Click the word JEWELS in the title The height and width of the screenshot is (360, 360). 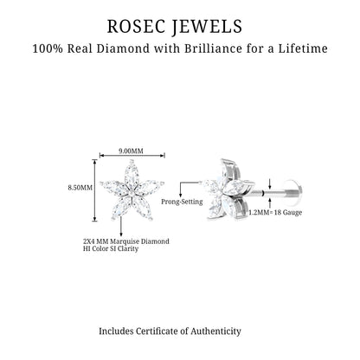(207, 27)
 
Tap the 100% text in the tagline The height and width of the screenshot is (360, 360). (48, 48)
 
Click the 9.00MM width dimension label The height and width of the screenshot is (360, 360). (131, 151)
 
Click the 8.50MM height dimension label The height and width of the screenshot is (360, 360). (80, 188)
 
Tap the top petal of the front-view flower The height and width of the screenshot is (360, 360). (132, 174)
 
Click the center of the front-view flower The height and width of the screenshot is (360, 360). (132, 192)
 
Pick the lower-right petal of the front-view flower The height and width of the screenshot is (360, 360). (143, 208)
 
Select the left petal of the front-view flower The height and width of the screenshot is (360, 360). (114, 187)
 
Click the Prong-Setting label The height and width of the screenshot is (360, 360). (182, 202)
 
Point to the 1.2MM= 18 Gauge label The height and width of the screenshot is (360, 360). (275, 212)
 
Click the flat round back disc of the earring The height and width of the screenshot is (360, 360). (294, 191)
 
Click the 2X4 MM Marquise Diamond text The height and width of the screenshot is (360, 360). (126, 241)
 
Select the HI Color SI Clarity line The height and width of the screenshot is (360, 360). (111, 248)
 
